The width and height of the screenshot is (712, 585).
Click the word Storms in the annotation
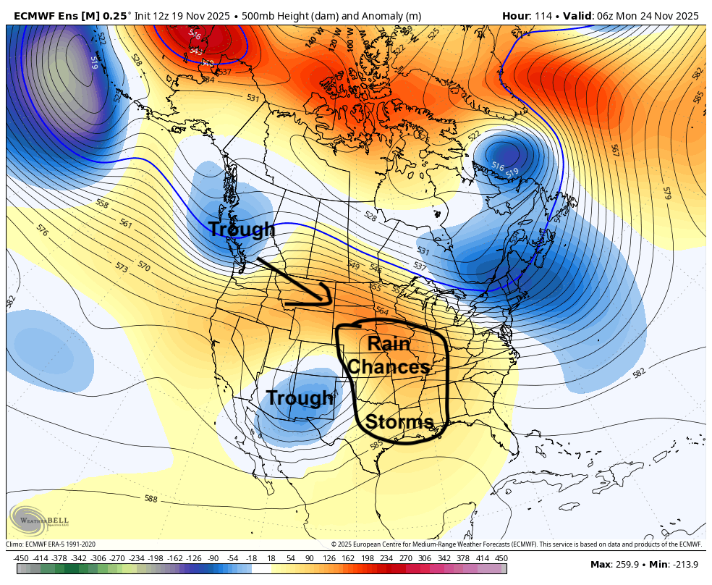click(399, 421)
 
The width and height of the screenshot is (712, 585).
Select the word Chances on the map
click(389, 367)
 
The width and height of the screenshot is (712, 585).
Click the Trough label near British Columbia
click(242, 230)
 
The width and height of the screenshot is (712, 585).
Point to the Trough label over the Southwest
click(300, 397)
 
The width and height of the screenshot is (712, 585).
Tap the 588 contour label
click(151, 499)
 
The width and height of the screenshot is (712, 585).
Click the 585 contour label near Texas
click(377, 444)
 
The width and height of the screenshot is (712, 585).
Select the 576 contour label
click(42, 230)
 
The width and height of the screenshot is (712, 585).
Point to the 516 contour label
click(497, 167)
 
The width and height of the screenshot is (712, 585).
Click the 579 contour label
click(666, 193)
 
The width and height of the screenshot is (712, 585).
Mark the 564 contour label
click(381, 311)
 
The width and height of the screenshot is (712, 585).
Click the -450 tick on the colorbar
click(22, 557)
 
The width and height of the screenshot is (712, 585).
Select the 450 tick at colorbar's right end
click(501, 557)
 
